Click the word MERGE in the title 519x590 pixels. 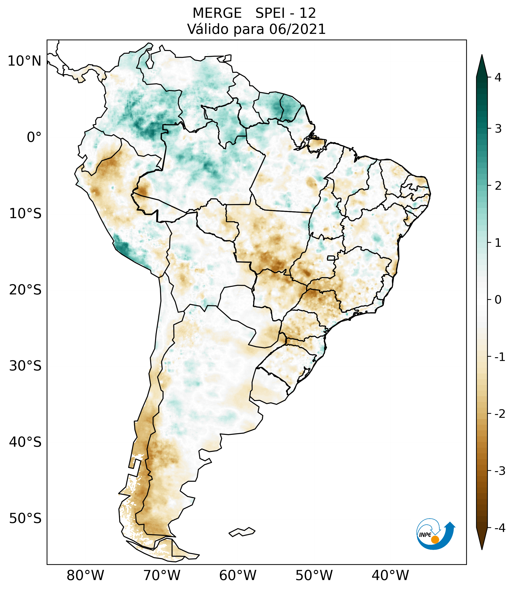[x=217, y=13]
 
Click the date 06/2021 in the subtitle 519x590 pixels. [x=297, y=29]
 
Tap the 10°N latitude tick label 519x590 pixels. [x=25, y=61]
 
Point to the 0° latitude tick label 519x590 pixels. [x=34, y=137]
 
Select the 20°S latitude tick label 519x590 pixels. [x=25, y=290]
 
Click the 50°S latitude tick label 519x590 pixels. [x=25, y=519]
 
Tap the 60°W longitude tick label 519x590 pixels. [x=238, y=575]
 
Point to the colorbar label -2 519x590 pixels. [x=500, y=414]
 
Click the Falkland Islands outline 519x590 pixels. [x=242, y=532]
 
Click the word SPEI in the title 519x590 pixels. [x=270, y=13]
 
